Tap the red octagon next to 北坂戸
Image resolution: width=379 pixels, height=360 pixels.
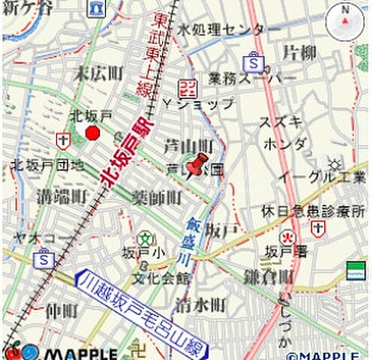tap(93, 133)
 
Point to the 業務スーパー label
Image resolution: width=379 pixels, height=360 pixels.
tap(242, 78)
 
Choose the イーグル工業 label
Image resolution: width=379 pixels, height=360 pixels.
tap(321, 178)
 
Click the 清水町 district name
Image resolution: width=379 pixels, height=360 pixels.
tap(200, 304)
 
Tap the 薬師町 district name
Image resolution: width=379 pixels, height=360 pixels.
tap(157, 198)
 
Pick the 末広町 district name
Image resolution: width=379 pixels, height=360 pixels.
tap(98, 73)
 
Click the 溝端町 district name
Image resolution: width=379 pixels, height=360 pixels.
tap(62, 196)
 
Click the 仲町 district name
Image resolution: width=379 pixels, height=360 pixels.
tap(62, 310)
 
